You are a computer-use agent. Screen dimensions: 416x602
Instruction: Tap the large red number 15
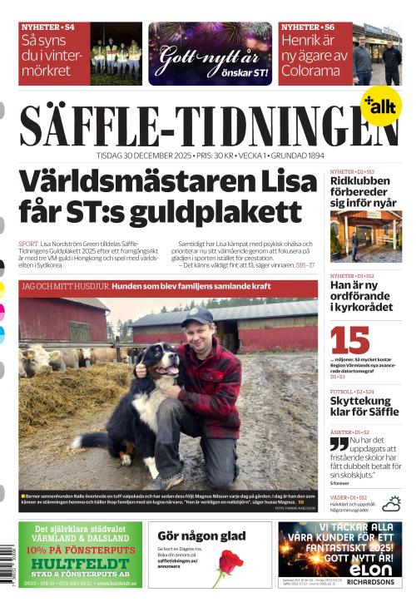click(350, 340)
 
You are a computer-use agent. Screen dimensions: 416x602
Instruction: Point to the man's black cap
click(197, 315)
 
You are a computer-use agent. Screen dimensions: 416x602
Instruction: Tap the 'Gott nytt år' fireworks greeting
click(210, 55)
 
